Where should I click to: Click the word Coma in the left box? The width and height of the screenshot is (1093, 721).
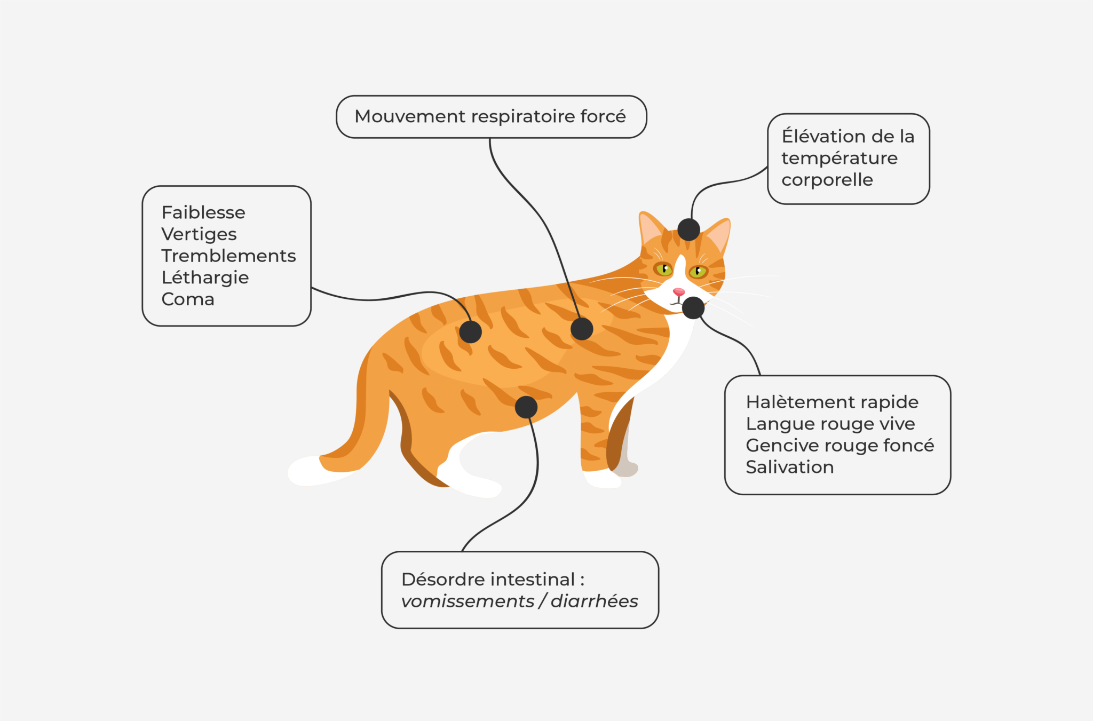point(188,299)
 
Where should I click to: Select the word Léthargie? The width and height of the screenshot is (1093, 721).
point(205,278)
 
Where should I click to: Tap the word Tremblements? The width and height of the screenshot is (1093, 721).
point(228,256)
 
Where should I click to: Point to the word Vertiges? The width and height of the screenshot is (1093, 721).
point(199,234)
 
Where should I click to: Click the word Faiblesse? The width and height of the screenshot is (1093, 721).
point(203,212)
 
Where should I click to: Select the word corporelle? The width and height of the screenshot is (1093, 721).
point(827,180)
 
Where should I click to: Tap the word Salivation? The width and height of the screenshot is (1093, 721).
point(789,467)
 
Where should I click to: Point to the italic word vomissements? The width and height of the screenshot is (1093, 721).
point(468,601)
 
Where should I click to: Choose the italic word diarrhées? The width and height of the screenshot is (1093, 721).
point(594,601)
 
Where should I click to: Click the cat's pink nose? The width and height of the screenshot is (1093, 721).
point(678,292)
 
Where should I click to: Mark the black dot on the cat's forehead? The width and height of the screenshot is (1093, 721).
point(688,229)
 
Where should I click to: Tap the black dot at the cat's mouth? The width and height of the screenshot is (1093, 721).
point(693,308)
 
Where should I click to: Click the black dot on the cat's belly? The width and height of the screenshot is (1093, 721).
point(526,407)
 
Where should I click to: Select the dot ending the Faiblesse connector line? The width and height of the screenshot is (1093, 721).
point(470,332)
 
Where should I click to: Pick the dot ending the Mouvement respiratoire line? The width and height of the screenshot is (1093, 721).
point(582,329)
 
